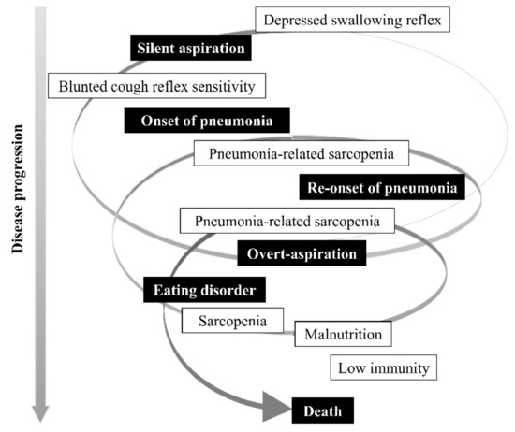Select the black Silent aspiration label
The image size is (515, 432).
[x=191, y=47]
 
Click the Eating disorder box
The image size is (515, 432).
[x=205, y=291]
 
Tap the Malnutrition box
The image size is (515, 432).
[x=341, y=333]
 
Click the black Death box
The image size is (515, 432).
[x=323, y=410]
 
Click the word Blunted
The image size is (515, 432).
[x=83, y=86]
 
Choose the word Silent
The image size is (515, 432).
[x=159, y=47]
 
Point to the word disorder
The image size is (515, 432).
[x=228, y=291]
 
